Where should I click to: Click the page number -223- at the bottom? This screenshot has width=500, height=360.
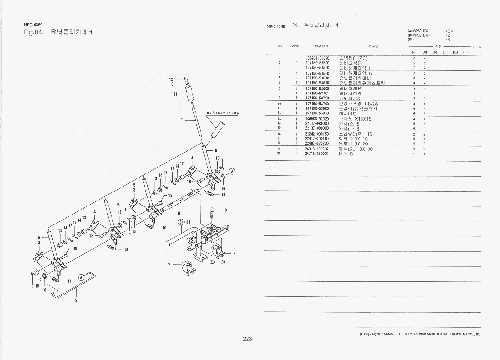[248, 338]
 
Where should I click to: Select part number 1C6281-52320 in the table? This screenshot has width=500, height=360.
[317, 58]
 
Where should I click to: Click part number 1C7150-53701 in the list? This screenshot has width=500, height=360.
[317, 93]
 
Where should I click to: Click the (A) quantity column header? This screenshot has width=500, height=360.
[414, 52]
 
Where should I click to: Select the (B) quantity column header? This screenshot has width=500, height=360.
[425, 52]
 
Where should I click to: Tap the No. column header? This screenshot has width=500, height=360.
[280, 46]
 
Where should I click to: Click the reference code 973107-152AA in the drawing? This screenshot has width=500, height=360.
[223, 113]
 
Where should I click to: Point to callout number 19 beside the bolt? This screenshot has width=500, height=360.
[224, 210]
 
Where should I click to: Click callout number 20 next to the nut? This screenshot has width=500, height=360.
[223, 262]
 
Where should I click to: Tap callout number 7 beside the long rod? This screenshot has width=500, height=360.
[182, 121]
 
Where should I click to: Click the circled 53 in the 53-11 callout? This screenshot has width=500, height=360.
[181, 222]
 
